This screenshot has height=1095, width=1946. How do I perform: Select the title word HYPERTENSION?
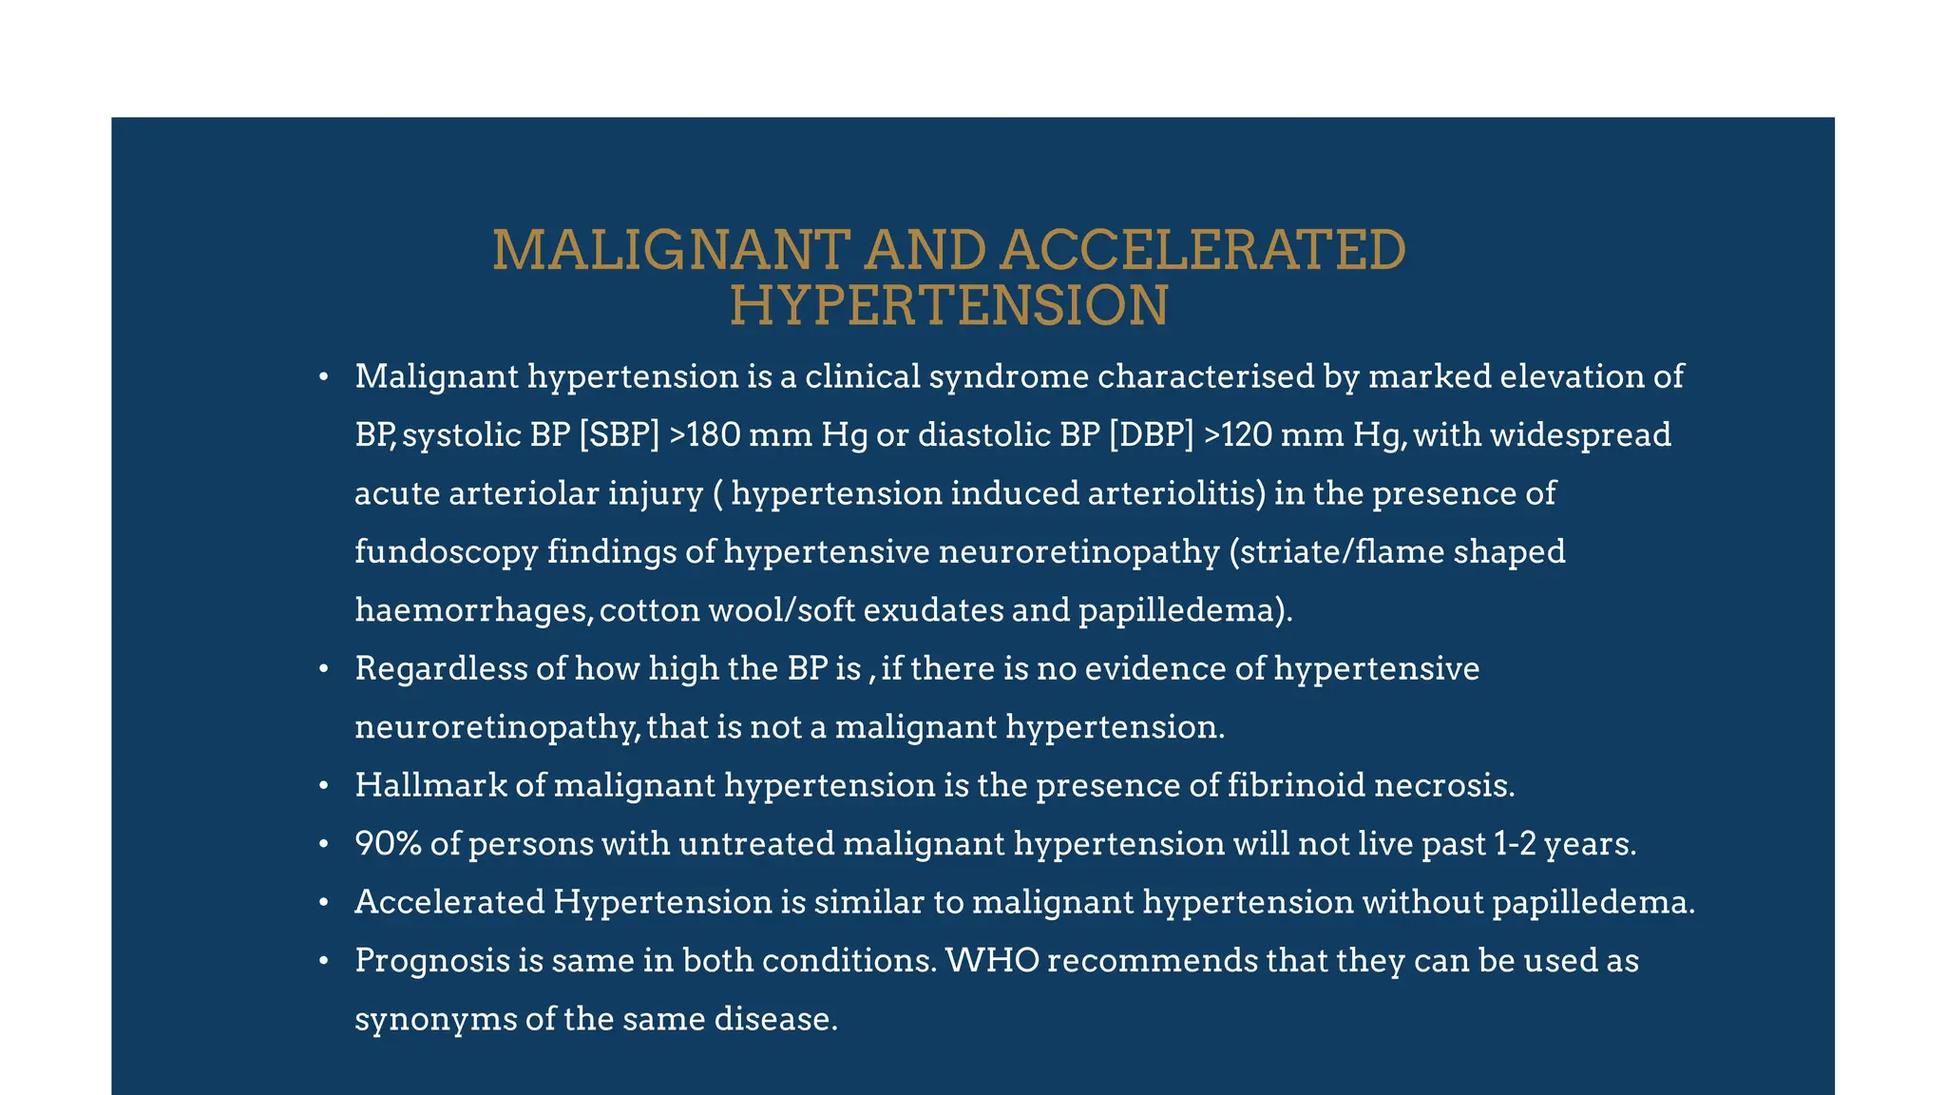(x=948, y=306)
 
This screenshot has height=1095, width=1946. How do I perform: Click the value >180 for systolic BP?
(x=705, y=435)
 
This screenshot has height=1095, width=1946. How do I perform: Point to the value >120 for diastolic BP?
(x=1238, y=435)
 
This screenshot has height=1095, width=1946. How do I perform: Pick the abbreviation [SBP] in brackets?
(x=619, y=435)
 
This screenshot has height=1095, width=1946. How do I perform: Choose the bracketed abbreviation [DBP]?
(x=1151, y=435)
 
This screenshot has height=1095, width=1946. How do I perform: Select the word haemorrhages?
(x=472, y=610)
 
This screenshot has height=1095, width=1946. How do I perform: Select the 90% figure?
(x=388, y=844)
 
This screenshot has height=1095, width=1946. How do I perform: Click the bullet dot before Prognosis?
(x=323, y=961)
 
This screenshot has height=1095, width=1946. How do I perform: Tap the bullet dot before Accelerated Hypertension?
(x=323, y=902)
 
